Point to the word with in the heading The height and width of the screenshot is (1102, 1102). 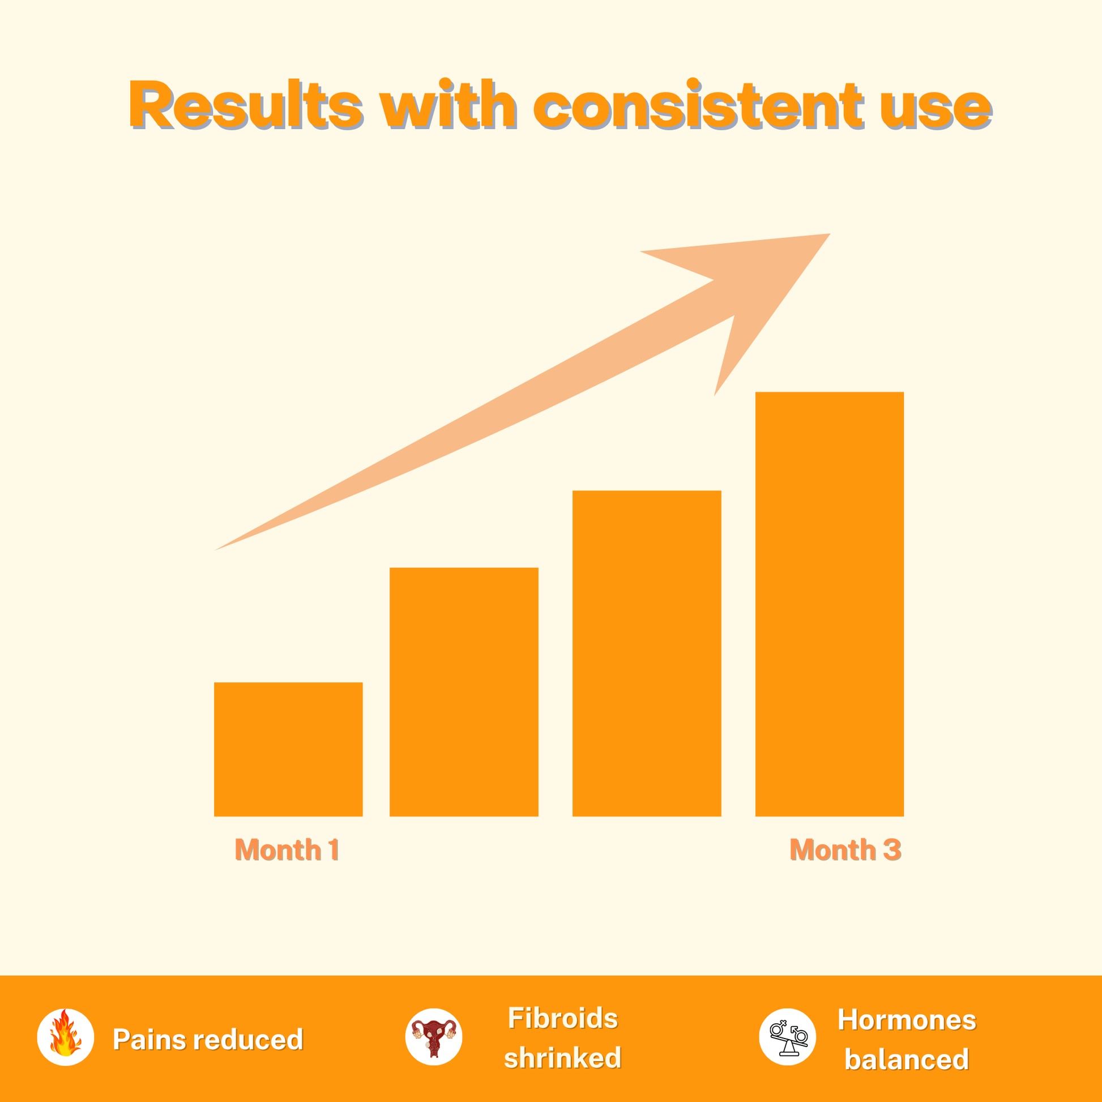click(449, 104)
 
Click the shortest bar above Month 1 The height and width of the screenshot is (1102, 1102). click(288, 749)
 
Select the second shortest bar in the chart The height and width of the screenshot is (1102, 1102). click(464, 692)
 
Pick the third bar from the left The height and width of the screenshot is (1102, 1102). click(647, 653)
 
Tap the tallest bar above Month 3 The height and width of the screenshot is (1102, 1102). click(830, 604)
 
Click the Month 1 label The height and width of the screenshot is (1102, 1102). click(288, 850)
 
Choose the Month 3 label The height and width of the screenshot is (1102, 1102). click(845, 850)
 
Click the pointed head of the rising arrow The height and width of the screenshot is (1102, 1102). click(830, 234)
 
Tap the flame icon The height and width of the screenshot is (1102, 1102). click(66, 1037)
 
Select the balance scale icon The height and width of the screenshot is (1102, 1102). click(788, 1037)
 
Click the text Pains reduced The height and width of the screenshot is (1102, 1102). click(208, 1039)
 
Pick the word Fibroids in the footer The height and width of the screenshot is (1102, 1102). click(563, 1018)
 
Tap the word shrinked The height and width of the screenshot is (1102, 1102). click(563, 1058)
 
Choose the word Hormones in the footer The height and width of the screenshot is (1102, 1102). click(907, 1020)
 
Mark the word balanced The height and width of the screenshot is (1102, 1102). click(907, 1060)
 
